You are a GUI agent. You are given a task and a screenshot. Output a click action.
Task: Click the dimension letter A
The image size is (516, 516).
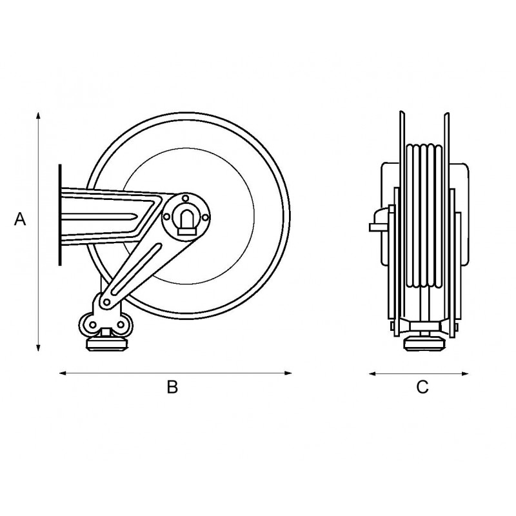tap(20, 219)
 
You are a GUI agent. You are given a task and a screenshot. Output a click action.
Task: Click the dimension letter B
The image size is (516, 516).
tap(172, 387)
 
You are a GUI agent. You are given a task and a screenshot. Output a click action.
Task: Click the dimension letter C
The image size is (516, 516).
tap(422, 387)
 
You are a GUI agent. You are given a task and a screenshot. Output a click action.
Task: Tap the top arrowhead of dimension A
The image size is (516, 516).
tap(38, 115)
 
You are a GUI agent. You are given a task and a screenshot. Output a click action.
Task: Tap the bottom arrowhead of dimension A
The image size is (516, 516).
tap(38, 348)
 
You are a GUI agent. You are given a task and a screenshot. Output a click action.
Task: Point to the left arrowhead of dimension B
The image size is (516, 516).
tap(63, 373)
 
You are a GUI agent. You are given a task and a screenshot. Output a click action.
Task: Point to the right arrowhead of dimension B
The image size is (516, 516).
tap(288, 373)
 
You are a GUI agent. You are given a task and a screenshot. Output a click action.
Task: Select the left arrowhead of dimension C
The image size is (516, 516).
tap(373, 374)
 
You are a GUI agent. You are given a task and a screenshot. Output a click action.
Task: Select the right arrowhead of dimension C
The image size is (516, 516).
tap(464, 374)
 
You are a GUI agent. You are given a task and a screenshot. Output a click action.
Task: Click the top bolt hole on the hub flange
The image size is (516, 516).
tap(186, 198)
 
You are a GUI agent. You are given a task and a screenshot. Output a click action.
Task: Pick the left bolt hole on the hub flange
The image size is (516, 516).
tap(167, 217)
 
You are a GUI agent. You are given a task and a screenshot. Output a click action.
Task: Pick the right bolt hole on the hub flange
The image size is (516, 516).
tap(205, 217)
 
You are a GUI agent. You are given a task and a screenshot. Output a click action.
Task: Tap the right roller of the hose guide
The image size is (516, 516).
tap(123, 325)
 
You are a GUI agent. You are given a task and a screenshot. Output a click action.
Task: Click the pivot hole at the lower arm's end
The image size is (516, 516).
tap(106, 302)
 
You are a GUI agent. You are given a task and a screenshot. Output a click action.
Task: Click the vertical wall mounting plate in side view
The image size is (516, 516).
tap(59, 215)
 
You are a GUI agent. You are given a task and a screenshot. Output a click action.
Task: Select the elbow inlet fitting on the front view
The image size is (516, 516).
tap(382, 220)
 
